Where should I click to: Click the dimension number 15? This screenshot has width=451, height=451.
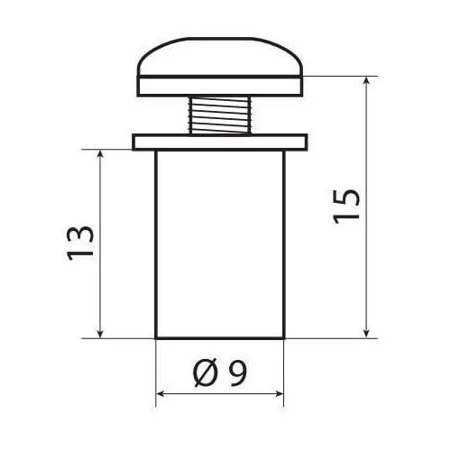click(346, 207)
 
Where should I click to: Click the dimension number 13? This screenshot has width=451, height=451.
click(80, 243)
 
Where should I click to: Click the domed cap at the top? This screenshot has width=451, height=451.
click(220, 57)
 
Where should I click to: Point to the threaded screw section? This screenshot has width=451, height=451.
click(219, 115)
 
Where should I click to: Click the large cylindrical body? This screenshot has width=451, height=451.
click(220, 244)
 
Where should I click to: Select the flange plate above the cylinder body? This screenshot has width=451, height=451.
click(220, 142)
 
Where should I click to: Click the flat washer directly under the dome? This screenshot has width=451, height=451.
click(220, 87)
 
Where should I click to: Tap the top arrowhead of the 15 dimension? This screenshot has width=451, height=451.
click(366, 81)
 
